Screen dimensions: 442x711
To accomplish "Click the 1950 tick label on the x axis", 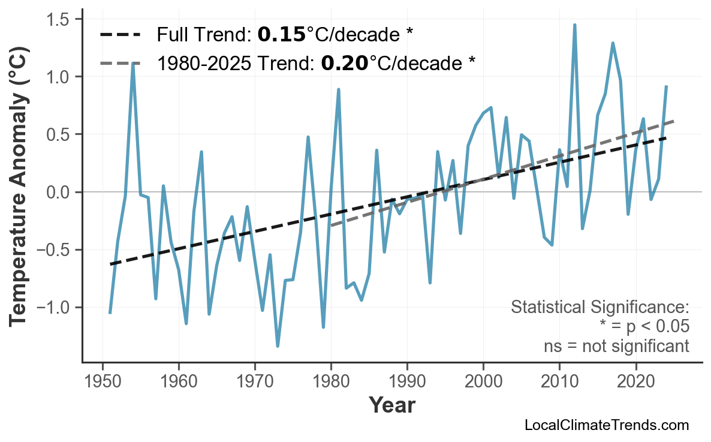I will (x=103, y=383).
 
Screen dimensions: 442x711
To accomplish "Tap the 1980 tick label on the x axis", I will (x=331, y=383).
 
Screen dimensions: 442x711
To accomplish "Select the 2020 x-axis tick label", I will (x=635, y=383).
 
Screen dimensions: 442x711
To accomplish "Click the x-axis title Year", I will (x=391, y=405).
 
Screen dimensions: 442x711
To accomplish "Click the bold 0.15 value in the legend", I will (x=281, y=35).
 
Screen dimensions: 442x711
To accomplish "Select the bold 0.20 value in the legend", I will (x=345, y=63).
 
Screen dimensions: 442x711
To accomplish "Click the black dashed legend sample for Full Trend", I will (x=120, y=35).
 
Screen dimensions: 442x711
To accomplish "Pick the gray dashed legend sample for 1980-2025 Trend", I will (x=120, y=63).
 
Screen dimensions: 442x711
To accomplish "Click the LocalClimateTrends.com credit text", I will (x=606, y=425).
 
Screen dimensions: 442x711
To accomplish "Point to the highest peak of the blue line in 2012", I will (x=574, y=25).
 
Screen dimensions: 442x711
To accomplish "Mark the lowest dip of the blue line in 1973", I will (x=278, y=346).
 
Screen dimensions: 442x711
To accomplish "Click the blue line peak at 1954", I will (x=132, y=63).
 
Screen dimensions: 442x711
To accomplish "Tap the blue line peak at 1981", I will (x=339, y=89).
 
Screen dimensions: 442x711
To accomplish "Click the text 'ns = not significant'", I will (x=616, y=346).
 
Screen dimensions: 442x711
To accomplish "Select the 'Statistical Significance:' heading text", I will (x=599, y=308).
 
